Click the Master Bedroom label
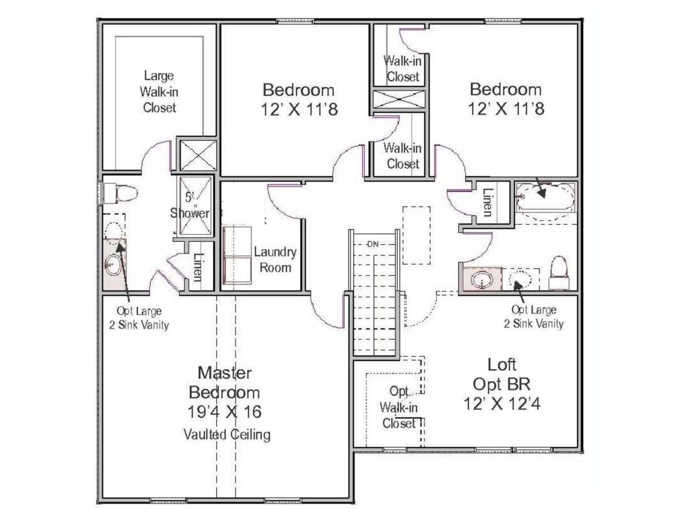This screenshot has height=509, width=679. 225,383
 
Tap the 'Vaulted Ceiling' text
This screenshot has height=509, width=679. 226,434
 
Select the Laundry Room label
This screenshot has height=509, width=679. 275,260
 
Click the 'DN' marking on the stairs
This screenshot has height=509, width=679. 372,244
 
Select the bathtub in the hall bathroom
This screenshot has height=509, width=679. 545,196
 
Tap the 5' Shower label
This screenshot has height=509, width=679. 190,206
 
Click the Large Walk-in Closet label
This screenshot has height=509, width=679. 159,92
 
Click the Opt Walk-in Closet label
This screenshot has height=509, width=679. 399,407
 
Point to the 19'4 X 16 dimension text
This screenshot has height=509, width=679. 225,411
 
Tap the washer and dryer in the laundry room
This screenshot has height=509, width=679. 236,257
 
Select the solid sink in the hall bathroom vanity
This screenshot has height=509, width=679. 482,280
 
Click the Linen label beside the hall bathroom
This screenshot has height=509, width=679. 487,202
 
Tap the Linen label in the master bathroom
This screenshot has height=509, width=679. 197,267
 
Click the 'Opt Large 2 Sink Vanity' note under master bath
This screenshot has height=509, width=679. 139,318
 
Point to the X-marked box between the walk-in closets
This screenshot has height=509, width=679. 399,99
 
